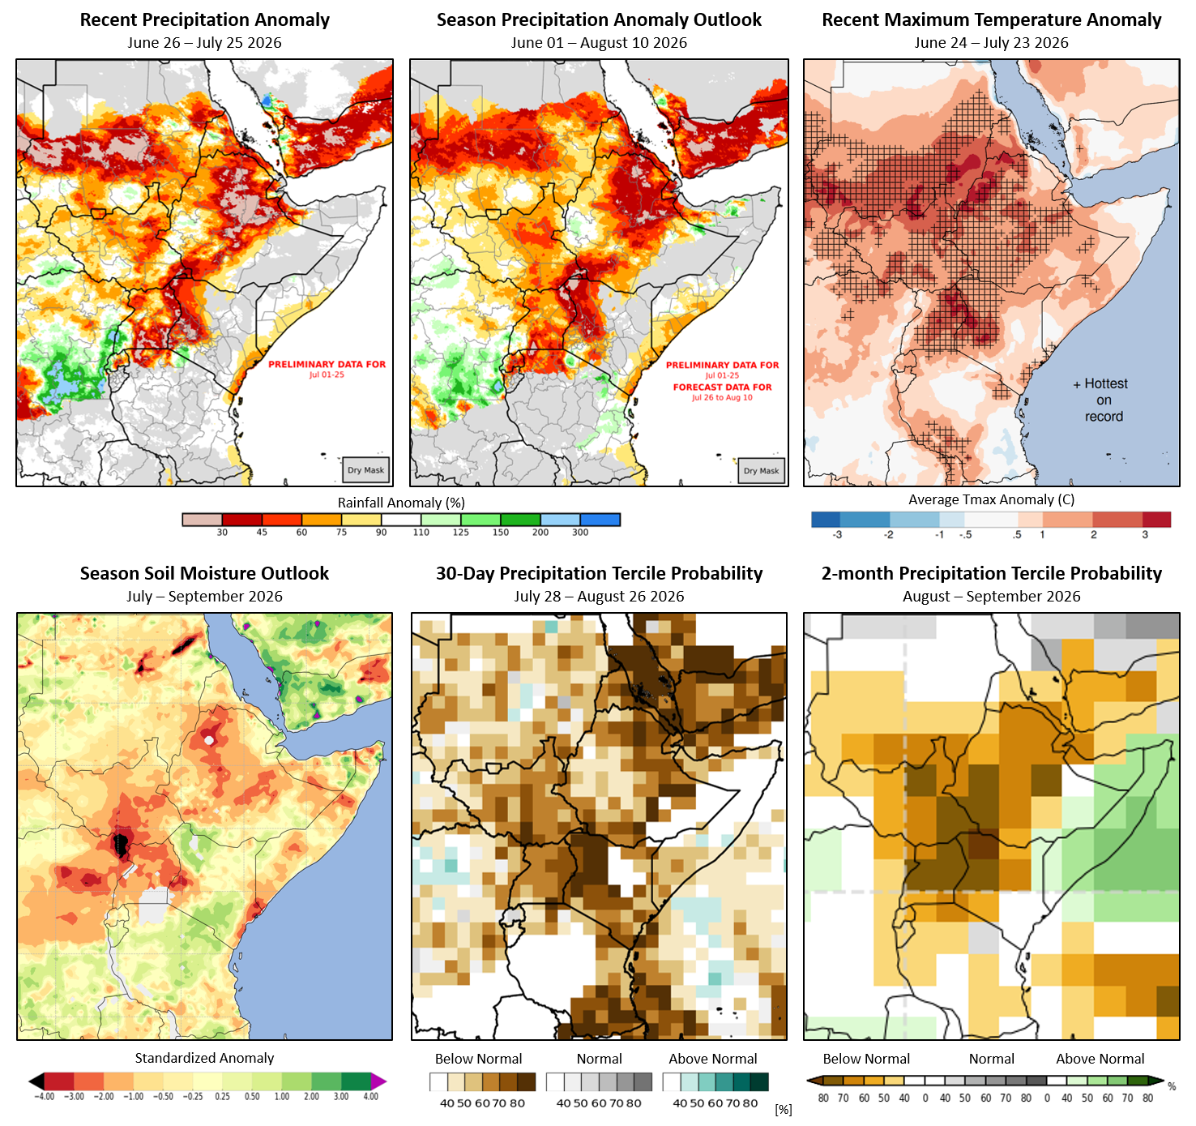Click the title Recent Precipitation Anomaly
(205, 20)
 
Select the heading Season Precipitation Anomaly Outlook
(599, 20)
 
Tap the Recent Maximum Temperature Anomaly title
(991, 20)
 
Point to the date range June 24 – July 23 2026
(991, 43)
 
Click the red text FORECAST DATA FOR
(722, 387)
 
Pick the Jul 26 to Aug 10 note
(722, 398)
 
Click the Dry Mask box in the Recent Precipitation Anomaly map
(365, 470)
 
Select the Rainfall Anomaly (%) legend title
(401, 503)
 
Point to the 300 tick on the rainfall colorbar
(580, 533)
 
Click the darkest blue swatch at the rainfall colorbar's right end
(600, 520)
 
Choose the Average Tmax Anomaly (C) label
(991, 499)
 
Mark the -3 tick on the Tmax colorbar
(837, 535)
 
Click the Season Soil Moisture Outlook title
(204, 573)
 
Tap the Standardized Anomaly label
(204, 1058)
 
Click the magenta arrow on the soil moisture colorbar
(378, 1081)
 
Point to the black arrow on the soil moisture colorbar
(36, 1081)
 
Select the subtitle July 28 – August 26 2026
(599, 596)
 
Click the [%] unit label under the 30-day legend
(783, 1110)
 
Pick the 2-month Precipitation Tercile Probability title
(991, 573)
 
